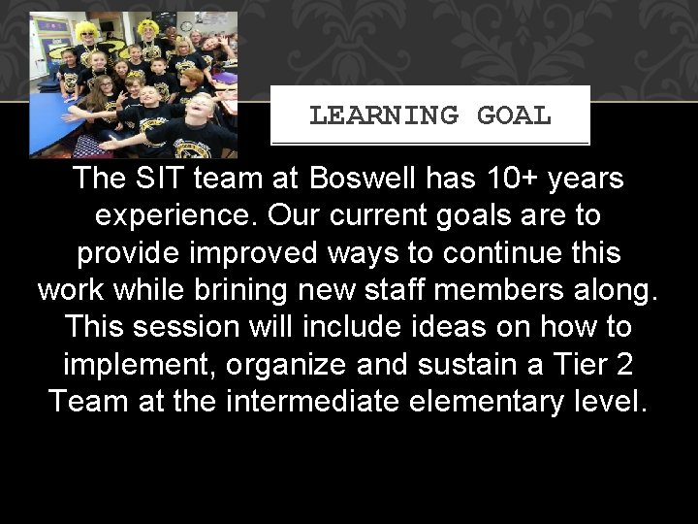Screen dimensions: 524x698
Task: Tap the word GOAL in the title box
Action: click(514, 115)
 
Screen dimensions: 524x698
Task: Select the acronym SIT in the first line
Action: click(163, 179)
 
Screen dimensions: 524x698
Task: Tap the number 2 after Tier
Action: click(625, 363)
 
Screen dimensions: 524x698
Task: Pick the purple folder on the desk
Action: click(225, 78)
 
